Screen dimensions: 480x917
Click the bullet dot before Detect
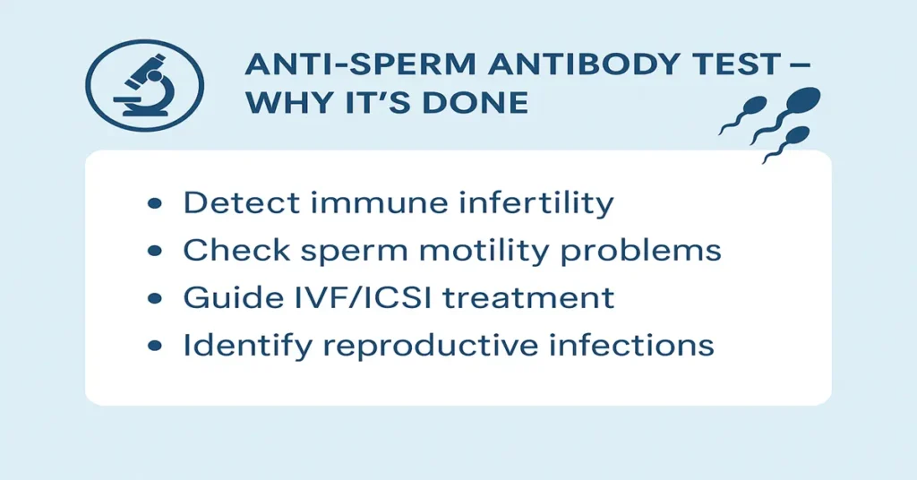click(154, 204)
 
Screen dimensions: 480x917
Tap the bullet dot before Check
click(154, 252)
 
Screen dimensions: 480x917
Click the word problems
click(651, 252)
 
